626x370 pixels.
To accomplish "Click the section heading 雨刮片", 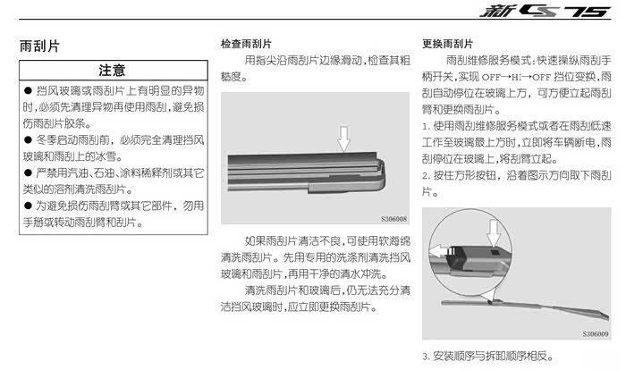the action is (39, 46).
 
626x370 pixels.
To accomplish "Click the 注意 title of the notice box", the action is (112, 71).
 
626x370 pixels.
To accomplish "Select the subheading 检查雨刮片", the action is (246, 44).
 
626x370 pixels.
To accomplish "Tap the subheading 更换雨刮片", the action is (447, 44).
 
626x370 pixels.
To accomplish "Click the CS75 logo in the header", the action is (545, 11).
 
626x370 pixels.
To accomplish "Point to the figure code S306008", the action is (393, 219).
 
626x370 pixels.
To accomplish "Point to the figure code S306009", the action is (596, 333).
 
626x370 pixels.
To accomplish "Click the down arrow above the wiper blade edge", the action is (343, 139).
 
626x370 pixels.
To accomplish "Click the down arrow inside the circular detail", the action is (494, 233).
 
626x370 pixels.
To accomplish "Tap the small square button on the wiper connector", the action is (495, 252).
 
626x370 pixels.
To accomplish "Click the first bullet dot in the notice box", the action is (28, 90).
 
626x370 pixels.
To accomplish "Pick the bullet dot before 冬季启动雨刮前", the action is (28, 139).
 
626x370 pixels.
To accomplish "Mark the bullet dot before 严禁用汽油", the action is (28, 172).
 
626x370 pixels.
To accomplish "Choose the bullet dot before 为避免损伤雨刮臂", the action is (28, 206).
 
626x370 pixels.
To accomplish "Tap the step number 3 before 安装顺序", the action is (426, 357).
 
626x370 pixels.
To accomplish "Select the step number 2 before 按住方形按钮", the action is (426, 176).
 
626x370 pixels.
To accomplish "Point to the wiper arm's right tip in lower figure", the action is (608, 317).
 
